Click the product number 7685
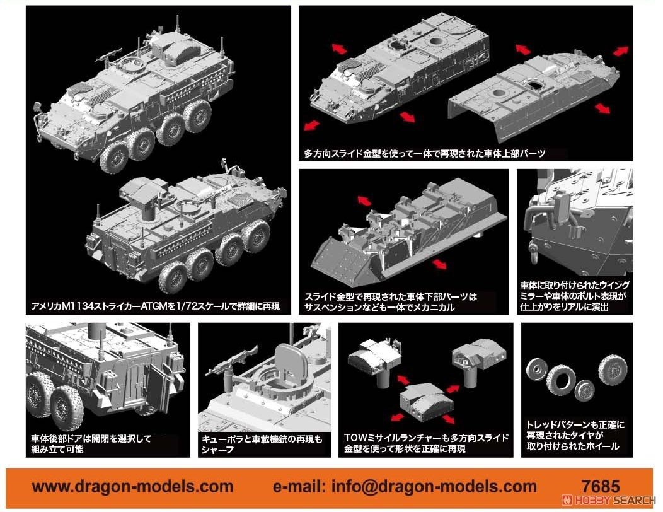tap(602, 487)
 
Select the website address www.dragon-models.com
tap(132, 487)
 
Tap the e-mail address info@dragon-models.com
tap(405, 487)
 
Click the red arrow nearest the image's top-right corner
tap(621, 50)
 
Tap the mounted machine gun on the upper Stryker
tap(108, 55)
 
